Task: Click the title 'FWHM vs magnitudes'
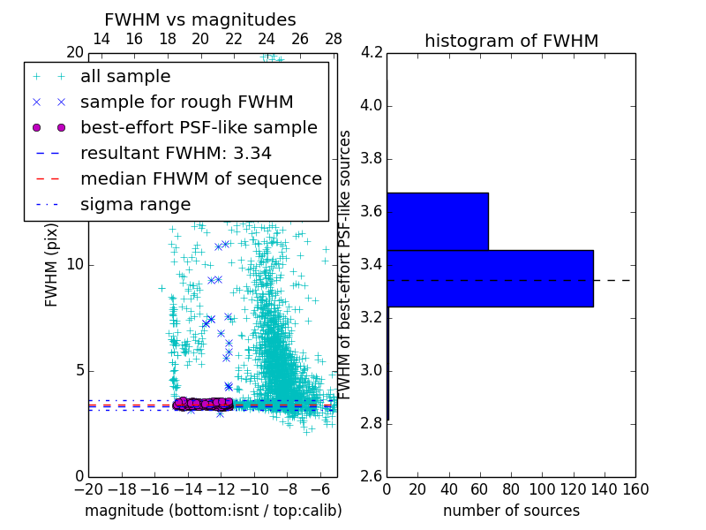tap(199, 20)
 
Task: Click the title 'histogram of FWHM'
tap(511, 41)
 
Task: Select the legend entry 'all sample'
tap(125, 77)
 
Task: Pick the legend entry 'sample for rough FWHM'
tap(186, 102)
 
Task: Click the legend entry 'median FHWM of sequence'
tap(200, 179)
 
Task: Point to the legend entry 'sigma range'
tap(135, 205)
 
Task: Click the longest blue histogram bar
tap(490, 278)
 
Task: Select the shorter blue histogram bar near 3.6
tap(438, 222)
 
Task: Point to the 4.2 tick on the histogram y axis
tap(372, 53)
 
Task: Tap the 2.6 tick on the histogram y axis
tap(372, 476)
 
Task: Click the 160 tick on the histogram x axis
tap(635, 489)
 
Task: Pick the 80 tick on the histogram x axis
tap(511, 489)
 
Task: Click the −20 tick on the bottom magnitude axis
tap(88, 489)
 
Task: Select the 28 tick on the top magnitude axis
tap(334, 40)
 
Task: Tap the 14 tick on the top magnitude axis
tap(101, 40)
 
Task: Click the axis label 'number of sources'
tap(511, 511)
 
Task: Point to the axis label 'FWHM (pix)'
tap(52, 265)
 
